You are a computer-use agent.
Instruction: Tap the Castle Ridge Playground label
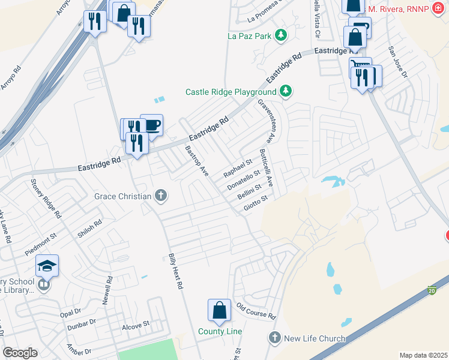pyautogui.click(x=231, y=92)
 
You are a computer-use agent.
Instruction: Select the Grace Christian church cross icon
pyautogui.click(x=160, y=195)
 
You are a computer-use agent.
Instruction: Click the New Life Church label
pyautogui.click(x=315, y=338)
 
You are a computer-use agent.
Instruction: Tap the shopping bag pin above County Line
pyautogui.click(x=219, y=311)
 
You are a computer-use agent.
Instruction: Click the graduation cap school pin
pyautogui.click(x=47, y=265)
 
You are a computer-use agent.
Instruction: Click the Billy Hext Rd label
pyautogui.click(x=175, y=270)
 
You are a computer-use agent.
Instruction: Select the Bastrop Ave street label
pyautogui.click(x=196, y=161)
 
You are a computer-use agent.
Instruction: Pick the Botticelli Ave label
pyautogui.click(x=265, y=167)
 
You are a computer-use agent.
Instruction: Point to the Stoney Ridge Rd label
pyautogui.click(x=46, y=197)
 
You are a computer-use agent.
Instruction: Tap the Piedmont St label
pyautogui.click(x=40, y=246)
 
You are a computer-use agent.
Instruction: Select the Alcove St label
pyautogui.click(x=135, y=325)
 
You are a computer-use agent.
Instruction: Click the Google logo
pyautogui.click(x=20, y=353)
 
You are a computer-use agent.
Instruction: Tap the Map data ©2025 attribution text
pyautogui.click(x=423, y=355)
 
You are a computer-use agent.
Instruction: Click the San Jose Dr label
pyautogui.click(x=397, y=62)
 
